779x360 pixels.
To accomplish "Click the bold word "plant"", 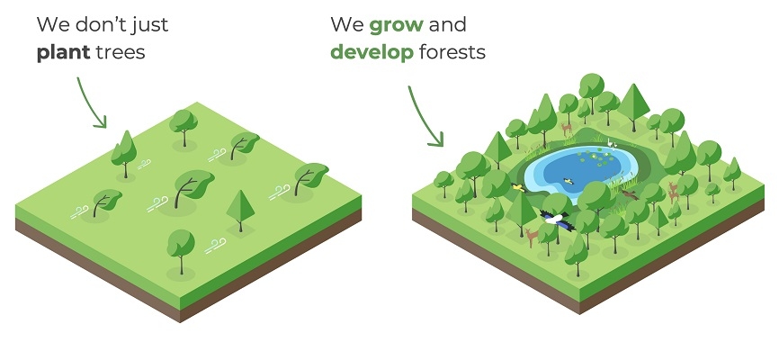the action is coord(63,53).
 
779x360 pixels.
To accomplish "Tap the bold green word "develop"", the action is coord(372,52).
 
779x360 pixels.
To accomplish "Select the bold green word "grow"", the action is coord(397,25).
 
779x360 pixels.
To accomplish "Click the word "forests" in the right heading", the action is coord(452,51).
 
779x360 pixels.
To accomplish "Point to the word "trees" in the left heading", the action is coord(120,52).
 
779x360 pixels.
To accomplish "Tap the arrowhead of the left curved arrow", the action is coord(101,122).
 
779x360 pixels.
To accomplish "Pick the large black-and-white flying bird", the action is coord(558,220).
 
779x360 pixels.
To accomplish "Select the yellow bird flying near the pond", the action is coord(517,187).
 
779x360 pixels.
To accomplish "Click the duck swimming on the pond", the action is coord(569,181).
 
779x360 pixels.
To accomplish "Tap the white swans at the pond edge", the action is coord(613,144).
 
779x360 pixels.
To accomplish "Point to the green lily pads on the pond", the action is coord(596,158).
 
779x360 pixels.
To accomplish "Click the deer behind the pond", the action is coord(567,130).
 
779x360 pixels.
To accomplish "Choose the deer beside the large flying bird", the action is coord(531,237).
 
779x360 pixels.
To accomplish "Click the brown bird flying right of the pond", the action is coord(629,194).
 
